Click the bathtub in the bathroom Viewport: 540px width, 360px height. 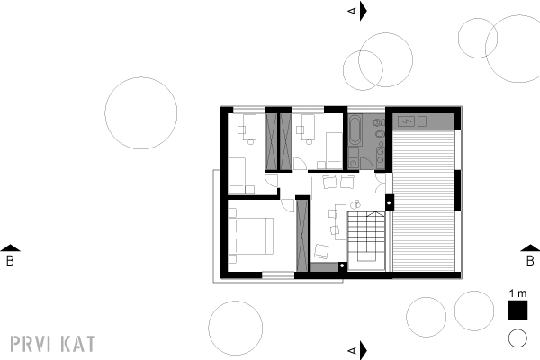click(355, 130)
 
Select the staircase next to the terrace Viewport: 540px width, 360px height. click(365, 241)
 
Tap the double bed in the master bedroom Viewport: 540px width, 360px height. click(251, 236)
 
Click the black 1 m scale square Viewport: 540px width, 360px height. click(517, 310)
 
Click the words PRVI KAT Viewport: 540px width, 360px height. click(53, 344)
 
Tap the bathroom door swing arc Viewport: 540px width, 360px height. click(367, 163)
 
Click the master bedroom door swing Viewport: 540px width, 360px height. click(288, 205)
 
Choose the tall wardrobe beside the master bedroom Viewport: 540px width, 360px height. click(302, 235)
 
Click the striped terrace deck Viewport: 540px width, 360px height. click(424, 201)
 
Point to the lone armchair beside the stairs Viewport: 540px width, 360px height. click(321, 251)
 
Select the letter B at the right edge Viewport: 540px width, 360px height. click(530, 261)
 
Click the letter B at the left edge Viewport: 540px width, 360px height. click(10, 261)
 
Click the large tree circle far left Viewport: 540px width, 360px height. click(141, 113)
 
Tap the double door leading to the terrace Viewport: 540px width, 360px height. click(381, 183)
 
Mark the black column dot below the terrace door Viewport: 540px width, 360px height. click(389, 202)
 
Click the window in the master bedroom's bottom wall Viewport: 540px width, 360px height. click(278, 274)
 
